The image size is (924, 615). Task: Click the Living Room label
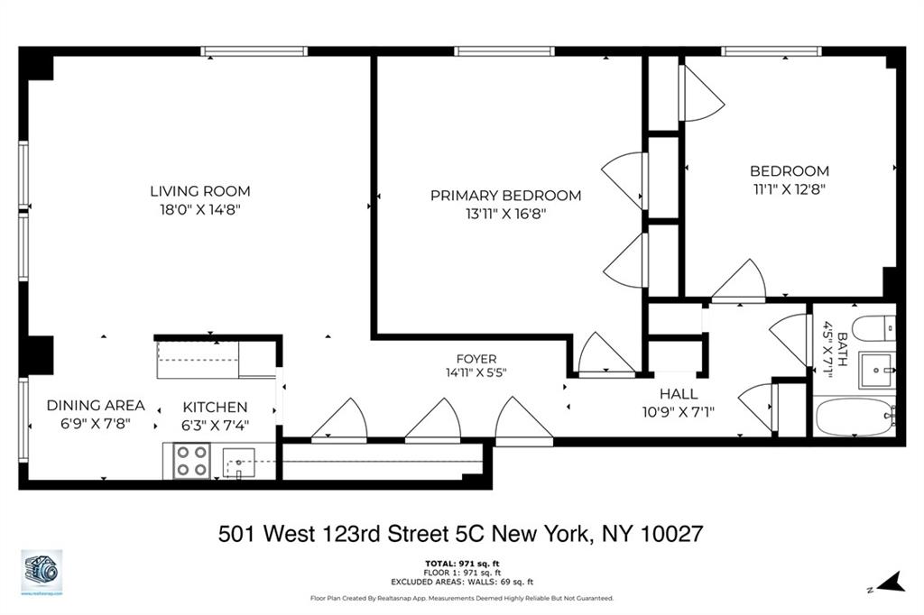point(199,191)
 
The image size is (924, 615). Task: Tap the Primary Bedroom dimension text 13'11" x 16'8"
point(505,214)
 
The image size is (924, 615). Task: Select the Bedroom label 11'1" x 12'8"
point(789,189)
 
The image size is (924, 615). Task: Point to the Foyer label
point(476,359)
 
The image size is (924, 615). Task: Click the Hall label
point(678,393)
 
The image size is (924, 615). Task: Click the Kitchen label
point(215,407)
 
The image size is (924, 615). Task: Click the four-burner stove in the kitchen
point(191,462)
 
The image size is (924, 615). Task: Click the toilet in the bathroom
point(873,328)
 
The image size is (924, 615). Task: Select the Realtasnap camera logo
point(42,571)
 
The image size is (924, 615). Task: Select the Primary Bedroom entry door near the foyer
point(605,353)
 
